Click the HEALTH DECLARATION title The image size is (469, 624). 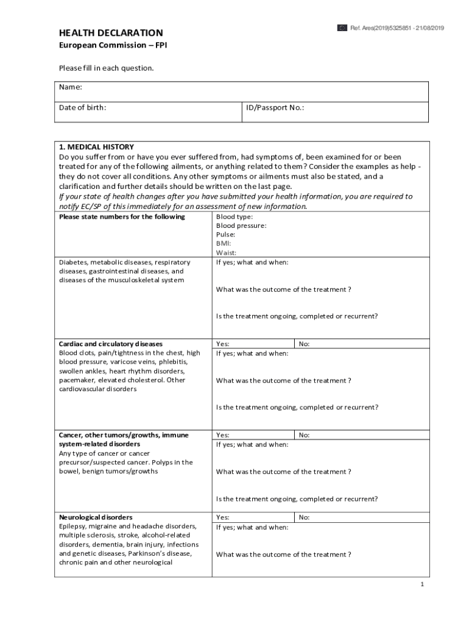click(x=110, y=33)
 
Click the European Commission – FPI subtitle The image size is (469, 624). click(x=105, y=46)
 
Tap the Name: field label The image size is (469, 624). click(x=70, y=87)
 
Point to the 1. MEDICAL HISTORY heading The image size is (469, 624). click(x=96, y=147)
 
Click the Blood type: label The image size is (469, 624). click(x=234, y=216)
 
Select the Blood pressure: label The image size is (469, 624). click(x=241, y=225)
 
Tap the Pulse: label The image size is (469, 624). click(x=225, y=235)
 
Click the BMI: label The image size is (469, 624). click(x=224, y=243)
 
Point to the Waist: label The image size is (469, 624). click(x=226, y=252)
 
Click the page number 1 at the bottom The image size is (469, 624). click(x=421, y=584)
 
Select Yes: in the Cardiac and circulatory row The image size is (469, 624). click(x=222, y=344)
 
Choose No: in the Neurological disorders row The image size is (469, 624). click(x=304, y=517)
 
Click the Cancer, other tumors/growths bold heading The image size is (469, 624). click(x=124, y=435)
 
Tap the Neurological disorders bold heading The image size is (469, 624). click(x=96, y=517)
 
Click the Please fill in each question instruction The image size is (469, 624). click(x=106, y=68)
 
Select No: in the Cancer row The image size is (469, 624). click(x=304, y=435)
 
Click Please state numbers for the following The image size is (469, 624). click(x=122, y=216)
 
